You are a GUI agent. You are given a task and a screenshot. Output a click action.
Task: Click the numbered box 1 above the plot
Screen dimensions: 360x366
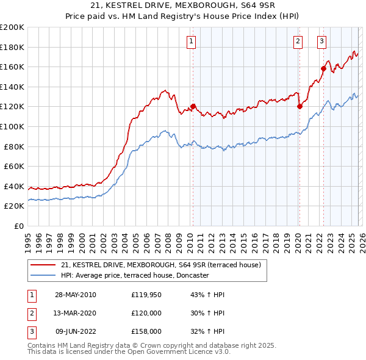[192, 41]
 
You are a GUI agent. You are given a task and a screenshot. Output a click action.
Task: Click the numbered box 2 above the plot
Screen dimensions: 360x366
[298, 41]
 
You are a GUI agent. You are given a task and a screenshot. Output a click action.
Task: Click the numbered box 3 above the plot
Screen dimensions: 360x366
[321, 41]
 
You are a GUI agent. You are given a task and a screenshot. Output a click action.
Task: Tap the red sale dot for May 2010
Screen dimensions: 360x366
[193, 106]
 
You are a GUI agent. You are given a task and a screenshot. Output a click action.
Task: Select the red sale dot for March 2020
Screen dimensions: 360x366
[300, 106]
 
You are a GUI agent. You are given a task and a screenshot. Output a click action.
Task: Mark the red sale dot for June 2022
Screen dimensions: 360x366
[323, 68]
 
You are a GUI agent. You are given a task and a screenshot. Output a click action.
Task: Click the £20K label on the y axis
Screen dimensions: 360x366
[14, 206]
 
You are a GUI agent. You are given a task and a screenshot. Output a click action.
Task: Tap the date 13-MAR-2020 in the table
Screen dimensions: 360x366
[75, 313]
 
